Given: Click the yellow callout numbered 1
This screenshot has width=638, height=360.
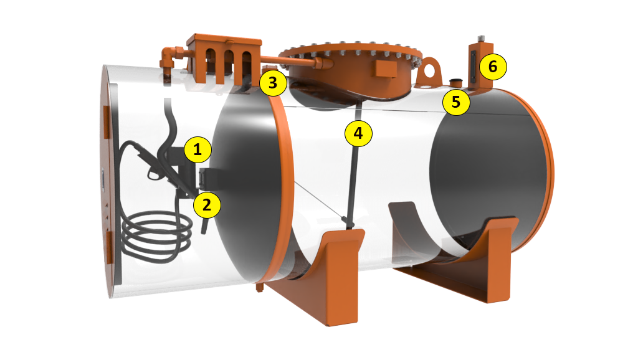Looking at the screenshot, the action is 198,149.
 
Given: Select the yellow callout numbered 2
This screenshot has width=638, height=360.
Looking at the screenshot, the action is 207,205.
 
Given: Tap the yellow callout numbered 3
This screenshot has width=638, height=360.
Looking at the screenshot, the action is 273,83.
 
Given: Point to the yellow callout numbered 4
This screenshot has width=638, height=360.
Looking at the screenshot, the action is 358,133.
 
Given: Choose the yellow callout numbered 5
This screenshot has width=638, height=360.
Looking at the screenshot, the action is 456,102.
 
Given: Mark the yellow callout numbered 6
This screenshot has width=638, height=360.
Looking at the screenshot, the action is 493,66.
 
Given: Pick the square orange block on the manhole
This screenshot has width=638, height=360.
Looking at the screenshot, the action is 386,69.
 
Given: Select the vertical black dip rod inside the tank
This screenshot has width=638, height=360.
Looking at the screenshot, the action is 354,163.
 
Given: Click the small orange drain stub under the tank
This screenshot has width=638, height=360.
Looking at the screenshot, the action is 259,288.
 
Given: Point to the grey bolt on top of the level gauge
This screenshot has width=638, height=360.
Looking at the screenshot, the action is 481,39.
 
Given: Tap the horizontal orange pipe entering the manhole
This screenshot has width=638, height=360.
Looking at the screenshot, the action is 289,60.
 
